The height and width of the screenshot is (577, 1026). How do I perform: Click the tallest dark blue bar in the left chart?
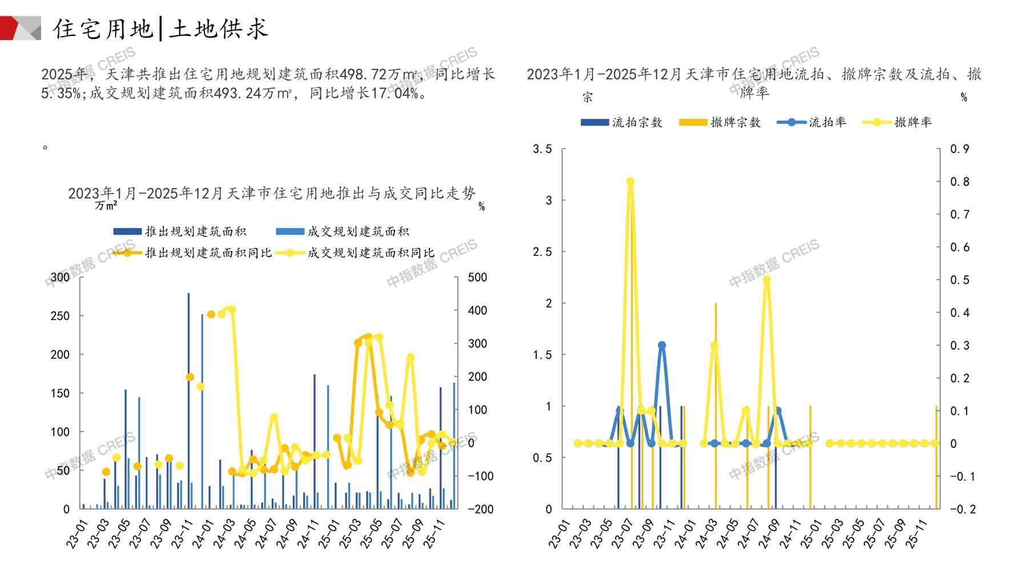click(x=188, y=400)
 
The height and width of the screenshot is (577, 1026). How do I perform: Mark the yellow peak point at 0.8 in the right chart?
click(x=630, y=182)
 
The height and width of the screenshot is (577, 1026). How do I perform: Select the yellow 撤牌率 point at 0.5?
click(x=767, y=280)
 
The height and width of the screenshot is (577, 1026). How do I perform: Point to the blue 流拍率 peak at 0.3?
click(x=662, y=345)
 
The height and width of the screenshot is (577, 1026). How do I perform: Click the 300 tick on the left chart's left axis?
click(x=60, y=277)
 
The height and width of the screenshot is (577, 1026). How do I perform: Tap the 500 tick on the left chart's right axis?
click(x=477, y=278)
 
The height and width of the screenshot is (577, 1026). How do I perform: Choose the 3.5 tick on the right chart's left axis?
click(x=542, y=149)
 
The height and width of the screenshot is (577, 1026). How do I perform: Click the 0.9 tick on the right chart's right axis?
click(x=960, y=149)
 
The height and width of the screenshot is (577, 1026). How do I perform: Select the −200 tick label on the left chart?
click(x=480, y=509)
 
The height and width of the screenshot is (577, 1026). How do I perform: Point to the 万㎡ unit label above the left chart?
click(x=106, y=206)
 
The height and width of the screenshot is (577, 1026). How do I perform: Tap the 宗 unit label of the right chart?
click(x=588, y=98)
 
